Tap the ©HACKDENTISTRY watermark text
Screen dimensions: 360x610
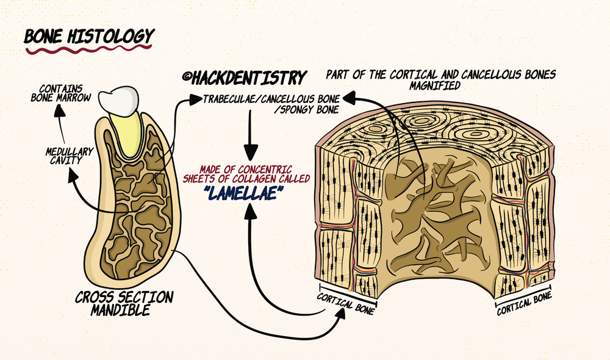(243, 78)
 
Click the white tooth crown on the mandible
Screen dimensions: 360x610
(121, 97)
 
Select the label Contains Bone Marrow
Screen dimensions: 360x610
(61, 92)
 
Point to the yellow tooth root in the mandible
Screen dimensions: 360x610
(128, 131)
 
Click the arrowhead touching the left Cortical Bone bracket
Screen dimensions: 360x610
(343, 312)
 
